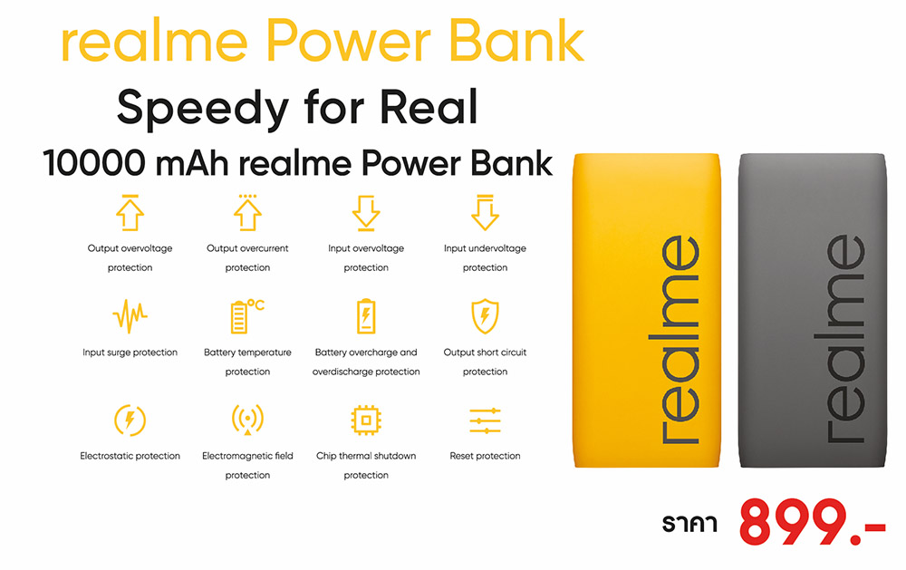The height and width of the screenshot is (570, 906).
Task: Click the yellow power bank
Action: click(647, 310)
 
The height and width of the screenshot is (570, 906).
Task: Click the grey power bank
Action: click(812, 310)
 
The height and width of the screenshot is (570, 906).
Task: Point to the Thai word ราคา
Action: click(689, 523)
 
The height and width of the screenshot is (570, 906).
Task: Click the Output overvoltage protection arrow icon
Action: click(130, 213)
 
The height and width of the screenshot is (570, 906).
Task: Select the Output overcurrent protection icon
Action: click(248, 213)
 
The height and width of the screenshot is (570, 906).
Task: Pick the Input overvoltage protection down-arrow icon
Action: click(366, 213)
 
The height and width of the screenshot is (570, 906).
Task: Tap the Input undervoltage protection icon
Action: click(485, 213)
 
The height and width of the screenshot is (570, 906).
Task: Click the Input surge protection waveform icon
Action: click(130, 315)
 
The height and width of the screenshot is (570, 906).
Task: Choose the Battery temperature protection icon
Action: click(247, 315)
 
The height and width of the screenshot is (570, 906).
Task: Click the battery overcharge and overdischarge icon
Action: click(366, 315)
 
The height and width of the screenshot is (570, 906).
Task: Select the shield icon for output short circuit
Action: click(485, 315)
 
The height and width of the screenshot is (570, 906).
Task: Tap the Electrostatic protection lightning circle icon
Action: click(130, 420)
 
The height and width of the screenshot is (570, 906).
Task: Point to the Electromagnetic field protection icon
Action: click(248, 419)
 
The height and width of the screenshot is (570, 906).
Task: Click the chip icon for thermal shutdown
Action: click(366, 420)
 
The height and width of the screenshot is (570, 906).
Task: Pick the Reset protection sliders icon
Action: click(485, 420)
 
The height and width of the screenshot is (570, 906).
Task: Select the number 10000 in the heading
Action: click(93, 163)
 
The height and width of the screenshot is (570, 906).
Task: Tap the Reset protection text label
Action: click(485, 456)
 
